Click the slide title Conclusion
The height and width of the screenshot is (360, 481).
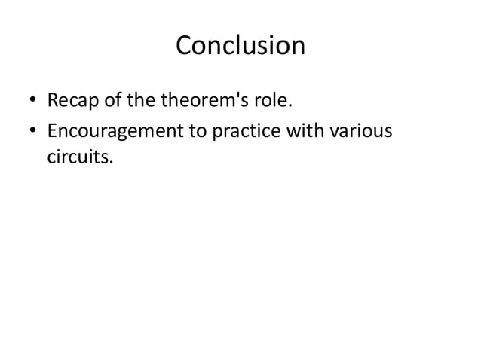click(x=240, y=46)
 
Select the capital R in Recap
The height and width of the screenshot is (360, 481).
click(x=53, y=99)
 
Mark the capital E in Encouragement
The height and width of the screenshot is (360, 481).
click(x=52, y=131)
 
